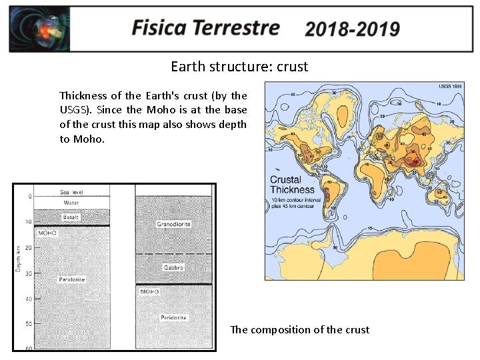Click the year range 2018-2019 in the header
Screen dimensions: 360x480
point(352,29)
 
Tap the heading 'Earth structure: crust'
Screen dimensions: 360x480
point(239,67)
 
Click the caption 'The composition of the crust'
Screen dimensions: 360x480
point(299,329)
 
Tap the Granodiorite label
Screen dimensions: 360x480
point(173,224)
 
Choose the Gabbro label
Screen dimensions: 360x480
point(173,267)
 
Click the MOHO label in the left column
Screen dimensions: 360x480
point(47,233)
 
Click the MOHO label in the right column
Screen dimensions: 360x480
point(149,292)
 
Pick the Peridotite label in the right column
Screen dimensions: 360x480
point(173,317)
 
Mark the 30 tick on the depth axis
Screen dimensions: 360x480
point(29,273)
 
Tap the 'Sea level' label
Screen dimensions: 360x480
point(72,191)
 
